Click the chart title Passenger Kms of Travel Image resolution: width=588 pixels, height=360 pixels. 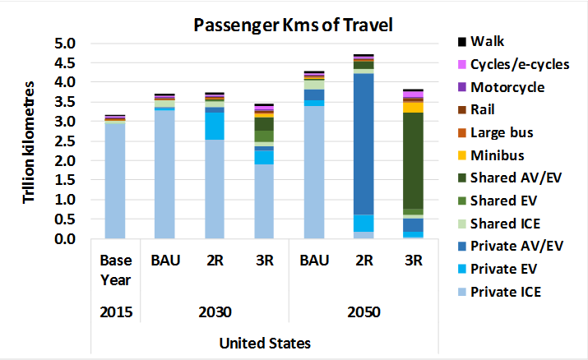[x=293, y=24]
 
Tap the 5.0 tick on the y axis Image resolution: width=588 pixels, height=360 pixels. [x=64, y=44]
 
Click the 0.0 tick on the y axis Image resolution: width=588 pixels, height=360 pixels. [x=64, y=239]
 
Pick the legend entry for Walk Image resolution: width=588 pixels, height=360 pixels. [x=491, y=41]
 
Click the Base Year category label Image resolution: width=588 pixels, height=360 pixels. [x=115, y=270]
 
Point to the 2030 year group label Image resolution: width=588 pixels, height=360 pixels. [x=214, y=313]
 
